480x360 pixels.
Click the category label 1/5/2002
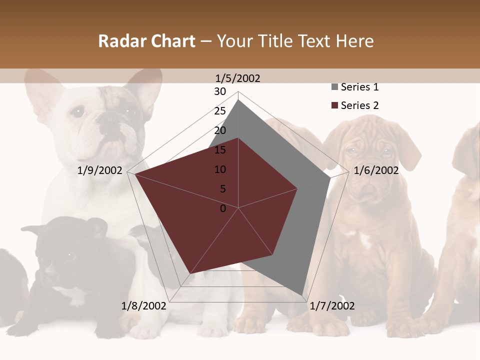click(x=238, y=78)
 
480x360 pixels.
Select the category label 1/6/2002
click(x=376, y=170)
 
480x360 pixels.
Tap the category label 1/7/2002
click(x=332, y=306)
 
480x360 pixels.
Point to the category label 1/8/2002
click(x=143, y=306)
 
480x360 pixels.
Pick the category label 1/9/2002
click(x=100, y=170)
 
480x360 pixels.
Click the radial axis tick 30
click(x=220, y=91)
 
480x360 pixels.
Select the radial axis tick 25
click(x=220, y=111)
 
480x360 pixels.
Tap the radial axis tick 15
click(x=220, y=150)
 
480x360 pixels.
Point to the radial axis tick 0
click(x=223, y=208)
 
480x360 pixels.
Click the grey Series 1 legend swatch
click(x=334, y=87)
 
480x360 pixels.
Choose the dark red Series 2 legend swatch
click(x=334, y=105)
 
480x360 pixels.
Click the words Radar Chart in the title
click(x=146, y=41)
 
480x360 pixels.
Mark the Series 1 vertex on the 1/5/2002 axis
click(x=238, y=99)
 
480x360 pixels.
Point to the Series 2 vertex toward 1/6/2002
click(x=297, y=188)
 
